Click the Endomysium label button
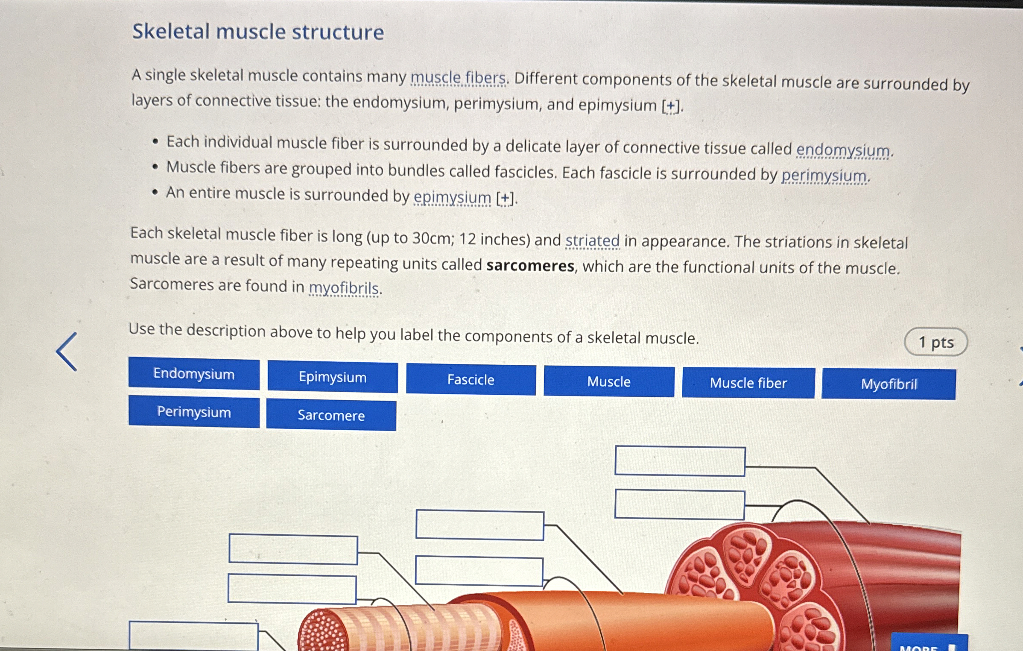pos(194,374)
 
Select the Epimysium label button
pos(333,377)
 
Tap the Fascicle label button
pos(471,379)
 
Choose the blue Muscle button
pos(609,381)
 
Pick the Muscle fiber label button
pos(748,383)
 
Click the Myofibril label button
pos(889,384)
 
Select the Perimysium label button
pos(194,412)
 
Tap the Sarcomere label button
pos(331,415)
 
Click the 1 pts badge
pos(935,342)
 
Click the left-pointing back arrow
pos(67,352)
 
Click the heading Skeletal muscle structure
pos(258,32)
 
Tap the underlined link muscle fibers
pos(458,78)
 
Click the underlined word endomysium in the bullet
pos(843,150)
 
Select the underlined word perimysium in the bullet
pos(824,176)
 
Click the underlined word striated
pos(592,241)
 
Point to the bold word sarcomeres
pos(530,266)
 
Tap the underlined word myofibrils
pos(344,288)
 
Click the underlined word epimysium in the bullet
pos(453,197)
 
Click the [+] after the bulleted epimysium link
pos(505,198)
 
